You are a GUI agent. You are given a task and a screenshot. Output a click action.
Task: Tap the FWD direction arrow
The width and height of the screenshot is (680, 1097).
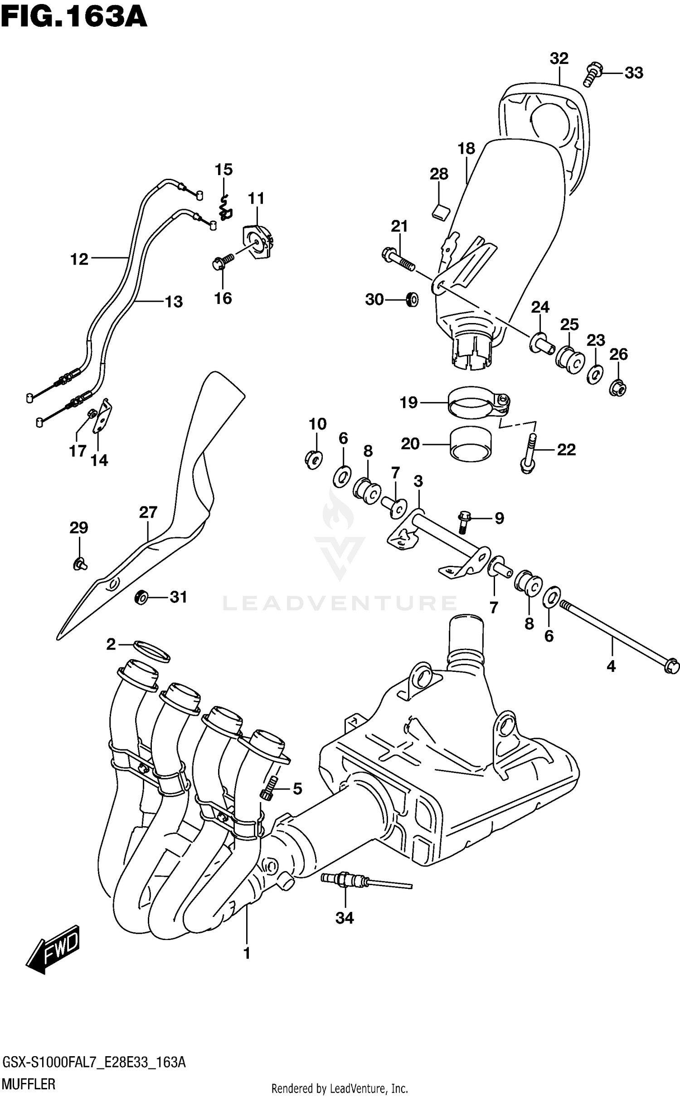coord(53,950)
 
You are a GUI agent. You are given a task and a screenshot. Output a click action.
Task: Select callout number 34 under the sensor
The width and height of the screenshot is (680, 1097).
coord(344,918)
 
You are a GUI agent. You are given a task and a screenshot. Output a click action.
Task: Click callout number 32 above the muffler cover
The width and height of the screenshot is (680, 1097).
coord(559,59)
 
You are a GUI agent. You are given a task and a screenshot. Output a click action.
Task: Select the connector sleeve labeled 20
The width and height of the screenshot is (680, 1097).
coord(471,444)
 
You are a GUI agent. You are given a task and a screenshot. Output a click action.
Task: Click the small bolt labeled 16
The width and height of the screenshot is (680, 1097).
coord(222,262)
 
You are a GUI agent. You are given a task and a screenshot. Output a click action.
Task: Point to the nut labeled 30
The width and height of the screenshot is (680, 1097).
coord(412,299)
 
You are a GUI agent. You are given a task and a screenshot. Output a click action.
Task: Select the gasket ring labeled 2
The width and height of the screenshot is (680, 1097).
coord(151,651)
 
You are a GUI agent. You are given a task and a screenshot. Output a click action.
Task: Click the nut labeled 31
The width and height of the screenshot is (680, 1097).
coord(142,597)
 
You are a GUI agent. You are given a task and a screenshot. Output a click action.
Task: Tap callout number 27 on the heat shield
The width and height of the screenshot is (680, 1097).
coord(148,513)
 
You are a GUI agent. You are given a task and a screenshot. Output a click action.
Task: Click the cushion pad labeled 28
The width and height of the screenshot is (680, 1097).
coord(439,211)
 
